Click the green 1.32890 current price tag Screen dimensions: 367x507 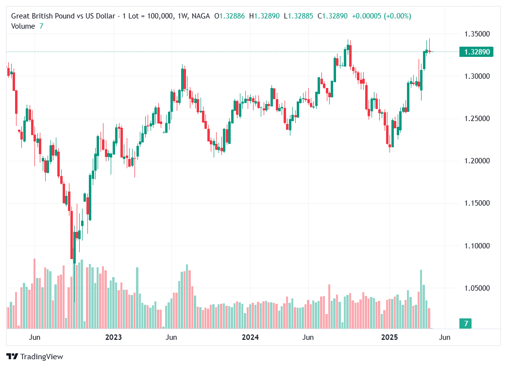(476, 52)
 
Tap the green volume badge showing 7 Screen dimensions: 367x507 (466, 324)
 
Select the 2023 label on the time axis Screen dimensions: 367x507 (113, 337)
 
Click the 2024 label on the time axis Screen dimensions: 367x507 (250, 337)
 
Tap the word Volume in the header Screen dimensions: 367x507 (23, 26)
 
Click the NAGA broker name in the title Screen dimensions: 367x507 (201, 16)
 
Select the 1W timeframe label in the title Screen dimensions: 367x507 (183, 16)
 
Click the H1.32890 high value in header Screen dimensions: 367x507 (264, 16)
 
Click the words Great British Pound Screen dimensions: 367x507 (42, 16)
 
